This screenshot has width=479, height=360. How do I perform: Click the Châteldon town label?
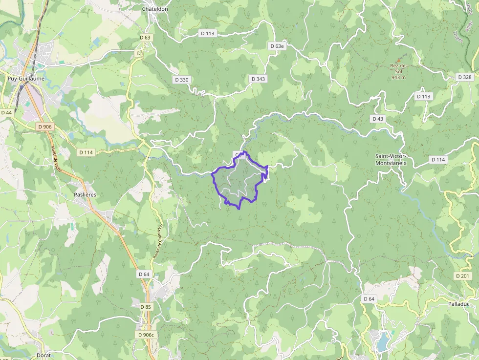pos(155,9)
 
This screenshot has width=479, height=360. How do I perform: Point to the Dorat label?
pos(44,355)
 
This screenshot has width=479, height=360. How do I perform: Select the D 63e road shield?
pos(277,46)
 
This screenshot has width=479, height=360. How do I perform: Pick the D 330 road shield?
pos(181,80)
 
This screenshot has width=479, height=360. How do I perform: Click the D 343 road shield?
pos(258,79)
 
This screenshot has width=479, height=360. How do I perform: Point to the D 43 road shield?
pos(377,119)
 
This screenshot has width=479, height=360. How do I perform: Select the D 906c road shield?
pos(146,335)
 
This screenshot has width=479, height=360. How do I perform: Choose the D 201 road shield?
pos(464,276)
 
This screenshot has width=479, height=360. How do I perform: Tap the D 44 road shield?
pos(6,112)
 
